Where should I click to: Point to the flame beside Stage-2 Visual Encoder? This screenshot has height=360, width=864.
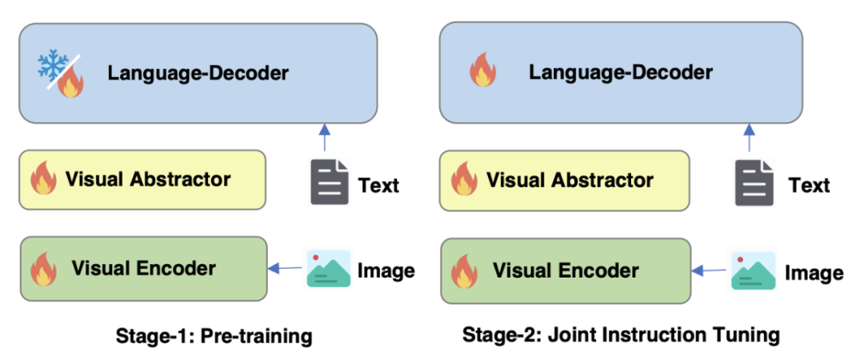[464, 270]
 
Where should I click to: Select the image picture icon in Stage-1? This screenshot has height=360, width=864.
[329, 269]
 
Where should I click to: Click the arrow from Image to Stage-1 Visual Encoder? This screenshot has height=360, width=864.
[283, 269]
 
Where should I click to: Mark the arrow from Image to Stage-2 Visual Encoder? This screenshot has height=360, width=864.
[708, 271]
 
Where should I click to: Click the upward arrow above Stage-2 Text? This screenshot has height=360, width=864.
[750, 137]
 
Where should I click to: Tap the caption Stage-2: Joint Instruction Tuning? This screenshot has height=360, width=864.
[621, 334]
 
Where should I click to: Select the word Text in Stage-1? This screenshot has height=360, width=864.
[378, 186]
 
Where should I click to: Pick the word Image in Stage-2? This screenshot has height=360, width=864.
[814, 273]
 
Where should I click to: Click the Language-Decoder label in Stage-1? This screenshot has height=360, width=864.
[198, 74]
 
